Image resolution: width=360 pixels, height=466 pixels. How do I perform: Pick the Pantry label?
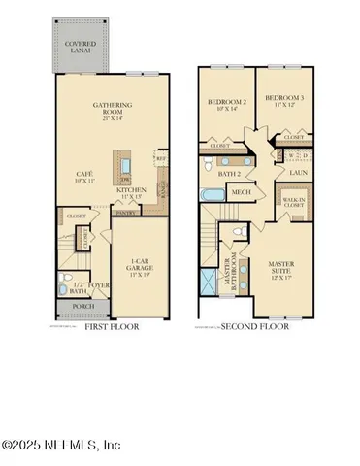pyautogui.click(x=124, y=212)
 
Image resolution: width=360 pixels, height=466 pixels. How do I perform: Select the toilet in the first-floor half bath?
pyautogui.click(x=63, y=288)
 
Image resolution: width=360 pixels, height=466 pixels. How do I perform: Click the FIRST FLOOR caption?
pyautogui.click(x=111, y=327)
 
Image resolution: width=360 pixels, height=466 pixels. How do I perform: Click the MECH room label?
pyautogui.click(x=241, y=192)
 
